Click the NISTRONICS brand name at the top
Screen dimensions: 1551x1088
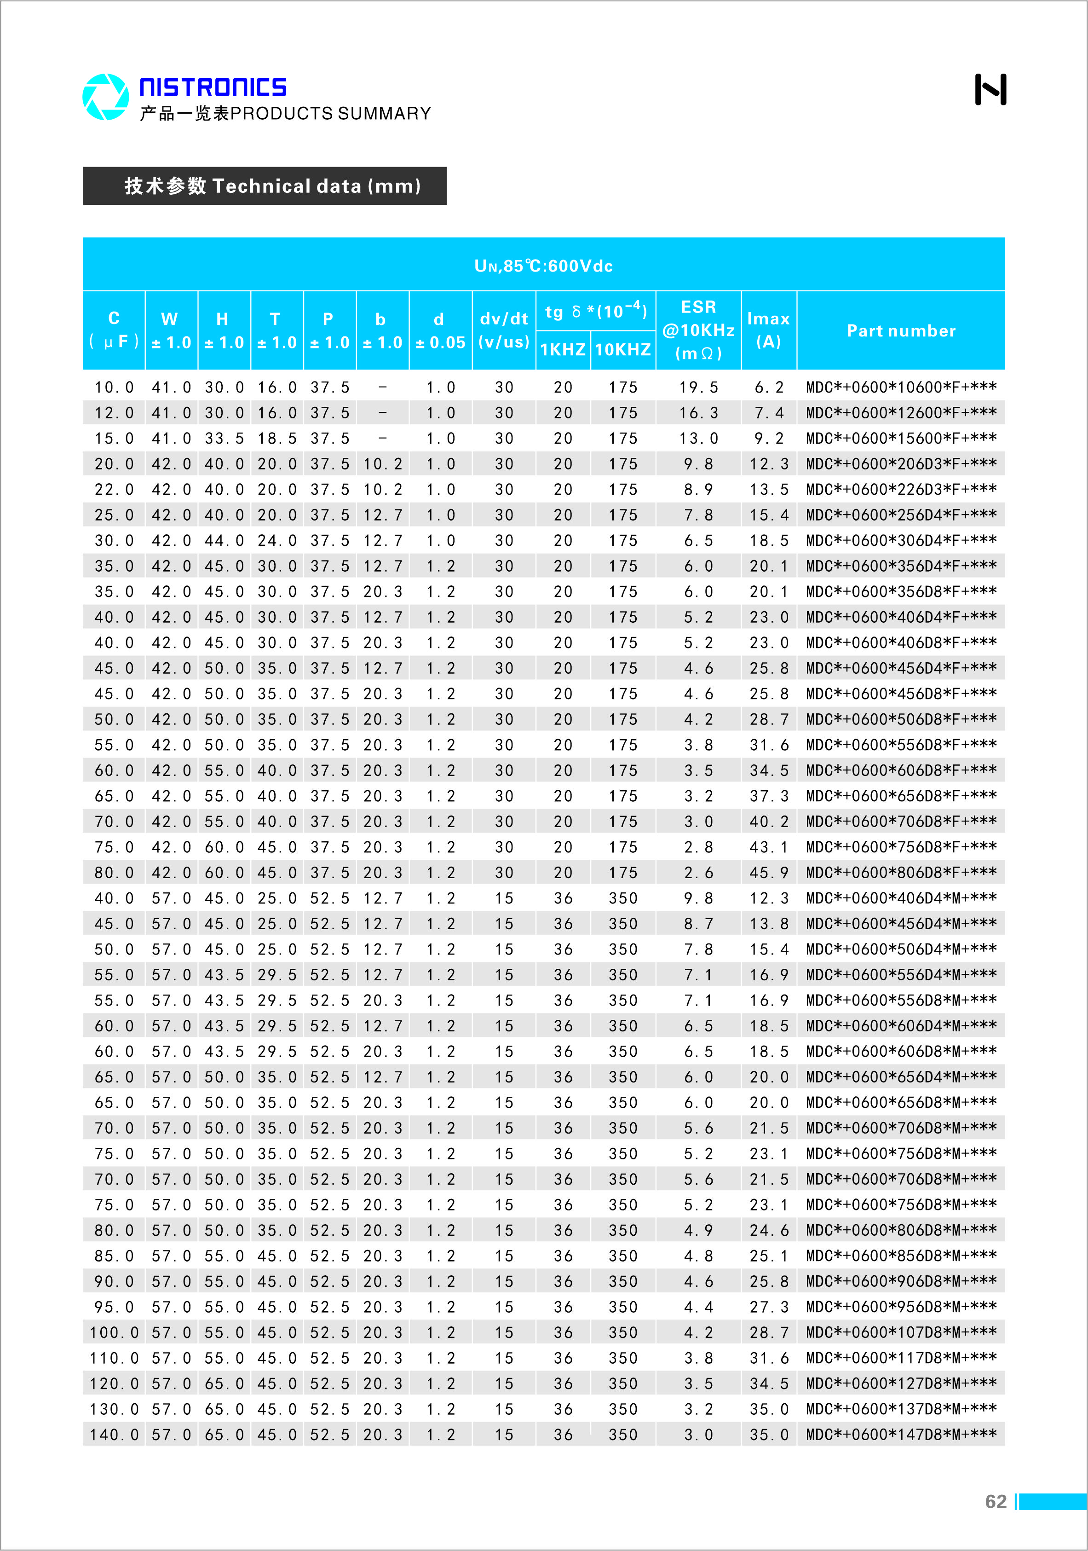(213, 87)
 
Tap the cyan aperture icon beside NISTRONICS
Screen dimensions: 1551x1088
(105, 97)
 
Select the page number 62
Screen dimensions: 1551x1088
(996, 1501)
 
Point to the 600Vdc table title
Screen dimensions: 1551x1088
(544, 266)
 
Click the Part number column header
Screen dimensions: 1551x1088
(901, 331)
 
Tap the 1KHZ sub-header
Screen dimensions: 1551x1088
(563, 350)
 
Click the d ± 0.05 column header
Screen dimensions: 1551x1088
(440, 331)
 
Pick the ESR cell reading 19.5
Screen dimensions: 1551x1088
(698, 388)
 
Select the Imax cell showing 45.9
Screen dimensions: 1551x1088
(769, 873)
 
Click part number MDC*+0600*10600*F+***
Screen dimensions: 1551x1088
(901, 388)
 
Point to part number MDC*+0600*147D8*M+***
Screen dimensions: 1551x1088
(901, 1434)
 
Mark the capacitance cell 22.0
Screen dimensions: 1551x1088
(114, 490)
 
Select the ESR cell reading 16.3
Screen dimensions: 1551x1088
(698, 413)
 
